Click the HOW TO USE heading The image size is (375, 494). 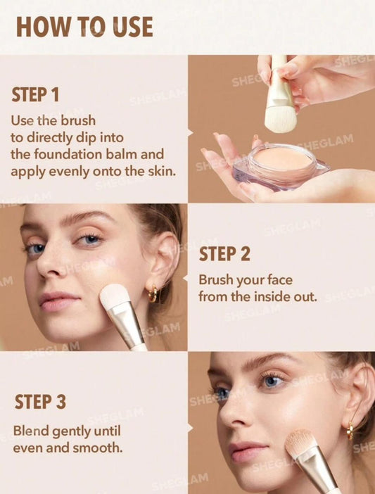click(x=84, y=27)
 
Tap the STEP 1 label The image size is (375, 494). click(x=35, y=94)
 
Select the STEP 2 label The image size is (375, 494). click(x=224, y=254)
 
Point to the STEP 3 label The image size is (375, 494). click(x=40, y=402)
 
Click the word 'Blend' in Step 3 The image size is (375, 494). click(x=31, y=431)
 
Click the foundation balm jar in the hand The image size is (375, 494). click(x=281, y=167)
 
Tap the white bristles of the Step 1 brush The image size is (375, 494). click(x=280, y=119)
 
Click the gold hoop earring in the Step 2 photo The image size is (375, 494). click(x=153, y=294)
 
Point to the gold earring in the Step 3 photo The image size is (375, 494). click(x=350, y=431)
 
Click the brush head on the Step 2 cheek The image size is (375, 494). click(x=113, y=296)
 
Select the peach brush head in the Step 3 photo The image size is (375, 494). click(x=300, y=443)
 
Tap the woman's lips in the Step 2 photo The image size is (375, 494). click(x=58, y=301)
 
